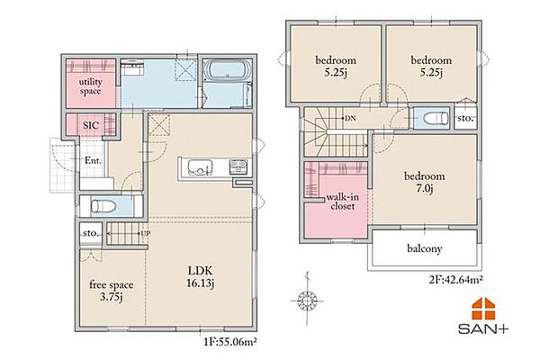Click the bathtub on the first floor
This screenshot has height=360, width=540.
click(228, 70)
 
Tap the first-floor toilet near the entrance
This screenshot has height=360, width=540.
click(103, 206)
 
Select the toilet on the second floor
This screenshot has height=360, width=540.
click(436, 119)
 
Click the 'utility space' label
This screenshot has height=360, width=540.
click(90, 86)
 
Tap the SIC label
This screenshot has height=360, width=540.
click(91, 125)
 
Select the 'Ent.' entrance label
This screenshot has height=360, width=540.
click(93, 160)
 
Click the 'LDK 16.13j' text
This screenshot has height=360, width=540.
click(200, 276)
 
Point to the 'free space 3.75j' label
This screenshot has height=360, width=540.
click(112, 291)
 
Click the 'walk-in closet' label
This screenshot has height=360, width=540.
click(342, 202)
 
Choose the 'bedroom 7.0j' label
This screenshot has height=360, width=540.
click(424, 182)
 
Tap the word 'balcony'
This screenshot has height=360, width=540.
click(424, 248)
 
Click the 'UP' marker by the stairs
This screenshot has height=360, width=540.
click(146, 233)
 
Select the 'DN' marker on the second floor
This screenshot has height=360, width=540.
click(350, 119)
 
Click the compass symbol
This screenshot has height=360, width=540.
click(307, 300)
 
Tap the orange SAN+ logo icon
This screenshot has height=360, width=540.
click(483, 309)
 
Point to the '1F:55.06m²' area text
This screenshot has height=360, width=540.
click(230, 342)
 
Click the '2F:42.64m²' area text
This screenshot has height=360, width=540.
click(454, 279)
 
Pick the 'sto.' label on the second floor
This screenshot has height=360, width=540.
click(465, 119)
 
